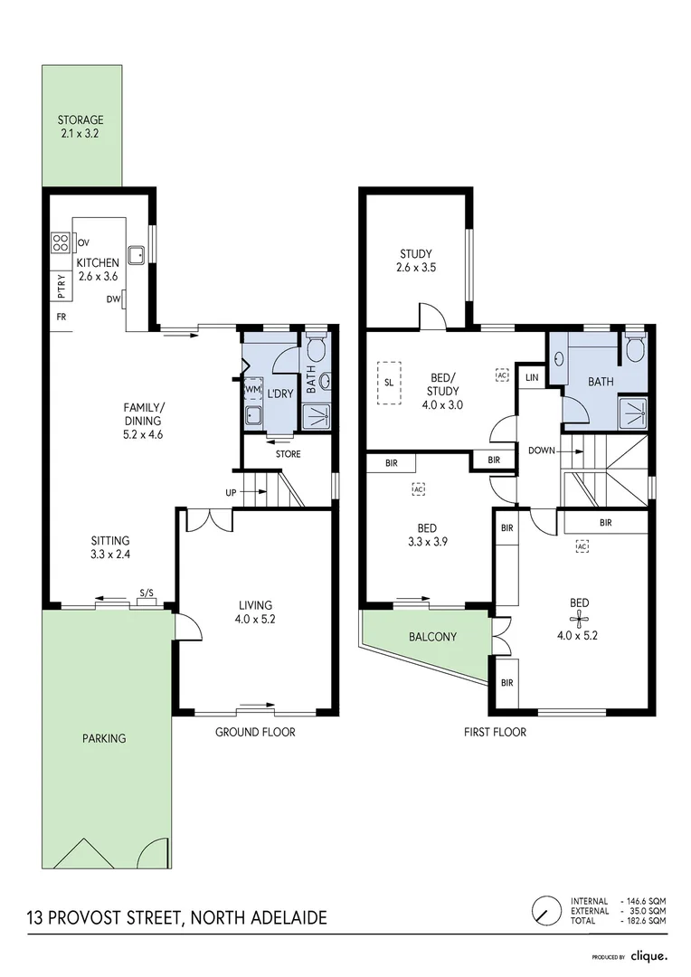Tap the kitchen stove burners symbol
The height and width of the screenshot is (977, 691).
pos(61,242)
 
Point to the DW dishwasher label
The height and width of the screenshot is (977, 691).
pos(113,299)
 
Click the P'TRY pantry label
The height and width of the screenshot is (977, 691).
pos(62,285)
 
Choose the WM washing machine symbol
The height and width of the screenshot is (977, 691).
pos(252,389)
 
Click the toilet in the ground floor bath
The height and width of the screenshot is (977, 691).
pos(316,346)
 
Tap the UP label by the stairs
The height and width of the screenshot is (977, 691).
pos(231,493)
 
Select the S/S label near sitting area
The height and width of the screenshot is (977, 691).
pos(147,593)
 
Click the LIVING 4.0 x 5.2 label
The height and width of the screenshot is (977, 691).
pos(255,612)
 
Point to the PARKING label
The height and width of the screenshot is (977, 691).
pos(104,738)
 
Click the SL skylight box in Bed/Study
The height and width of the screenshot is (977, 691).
pos(389,383)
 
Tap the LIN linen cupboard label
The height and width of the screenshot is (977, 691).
pos(532,377)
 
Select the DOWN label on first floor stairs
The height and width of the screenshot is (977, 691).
pos(542,451)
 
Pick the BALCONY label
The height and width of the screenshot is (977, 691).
pos(432,637)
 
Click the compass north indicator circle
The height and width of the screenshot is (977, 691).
pos(546,911)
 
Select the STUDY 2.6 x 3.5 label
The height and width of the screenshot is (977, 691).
pos(416,261)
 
